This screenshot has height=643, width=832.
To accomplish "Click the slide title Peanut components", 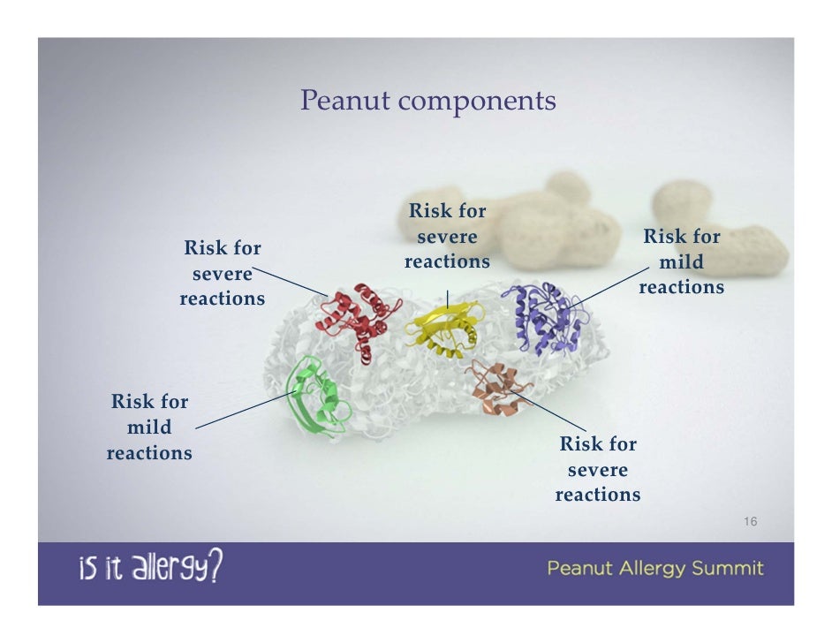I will (x=427, y=101).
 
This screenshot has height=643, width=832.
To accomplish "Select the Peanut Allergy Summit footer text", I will (x=655, y=568).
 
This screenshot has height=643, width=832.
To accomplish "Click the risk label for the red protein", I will (x=223, y=273).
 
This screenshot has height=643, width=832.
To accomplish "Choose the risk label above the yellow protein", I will (x=447, y=237).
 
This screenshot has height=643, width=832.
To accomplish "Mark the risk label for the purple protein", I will (x=681, y=262).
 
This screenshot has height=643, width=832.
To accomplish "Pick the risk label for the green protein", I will (x=149, y=427).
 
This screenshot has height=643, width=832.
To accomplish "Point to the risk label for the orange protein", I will (x=598, y=469).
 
